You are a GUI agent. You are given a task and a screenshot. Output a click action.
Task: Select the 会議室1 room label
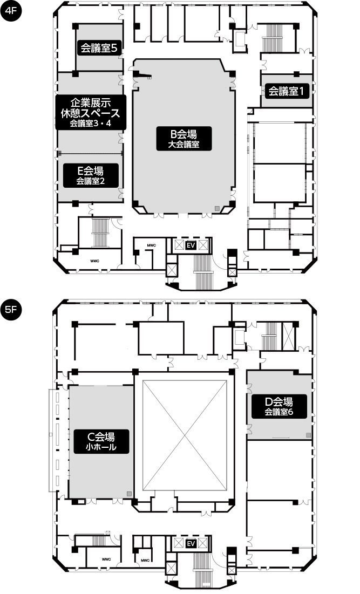click(287, 91)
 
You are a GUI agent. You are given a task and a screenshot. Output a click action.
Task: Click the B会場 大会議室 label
click(184, 139)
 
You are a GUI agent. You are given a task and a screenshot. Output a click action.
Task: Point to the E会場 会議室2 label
click(91, 175)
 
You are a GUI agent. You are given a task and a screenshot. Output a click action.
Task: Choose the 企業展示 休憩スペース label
click(91, 112)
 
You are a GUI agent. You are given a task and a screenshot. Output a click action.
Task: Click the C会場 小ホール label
click(101, 441)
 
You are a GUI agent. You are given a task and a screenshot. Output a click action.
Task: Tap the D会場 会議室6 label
click(279, 406)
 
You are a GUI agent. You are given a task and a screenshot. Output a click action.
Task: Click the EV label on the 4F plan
click(191, 245)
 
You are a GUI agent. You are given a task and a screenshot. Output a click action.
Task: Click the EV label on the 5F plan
click(191, 544)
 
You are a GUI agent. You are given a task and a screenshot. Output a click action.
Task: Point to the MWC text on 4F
click(151, 245)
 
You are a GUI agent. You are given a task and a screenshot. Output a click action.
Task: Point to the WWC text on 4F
click(95, 261)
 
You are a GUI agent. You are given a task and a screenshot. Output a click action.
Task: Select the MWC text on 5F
click(145, 560)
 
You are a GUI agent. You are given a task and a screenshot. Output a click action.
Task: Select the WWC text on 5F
click(106, 559)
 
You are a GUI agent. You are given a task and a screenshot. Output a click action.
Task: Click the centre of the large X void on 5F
click(185, 435)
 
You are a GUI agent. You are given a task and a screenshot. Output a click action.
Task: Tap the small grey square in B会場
click(217, 208)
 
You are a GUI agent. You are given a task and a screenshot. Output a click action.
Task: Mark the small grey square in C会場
click(129, 494)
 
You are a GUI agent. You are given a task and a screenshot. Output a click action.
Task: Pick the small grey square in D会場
click(309, 435)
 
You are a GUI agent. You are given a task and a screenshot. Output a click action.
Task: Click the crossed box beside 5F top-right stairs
click(289, 336)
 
